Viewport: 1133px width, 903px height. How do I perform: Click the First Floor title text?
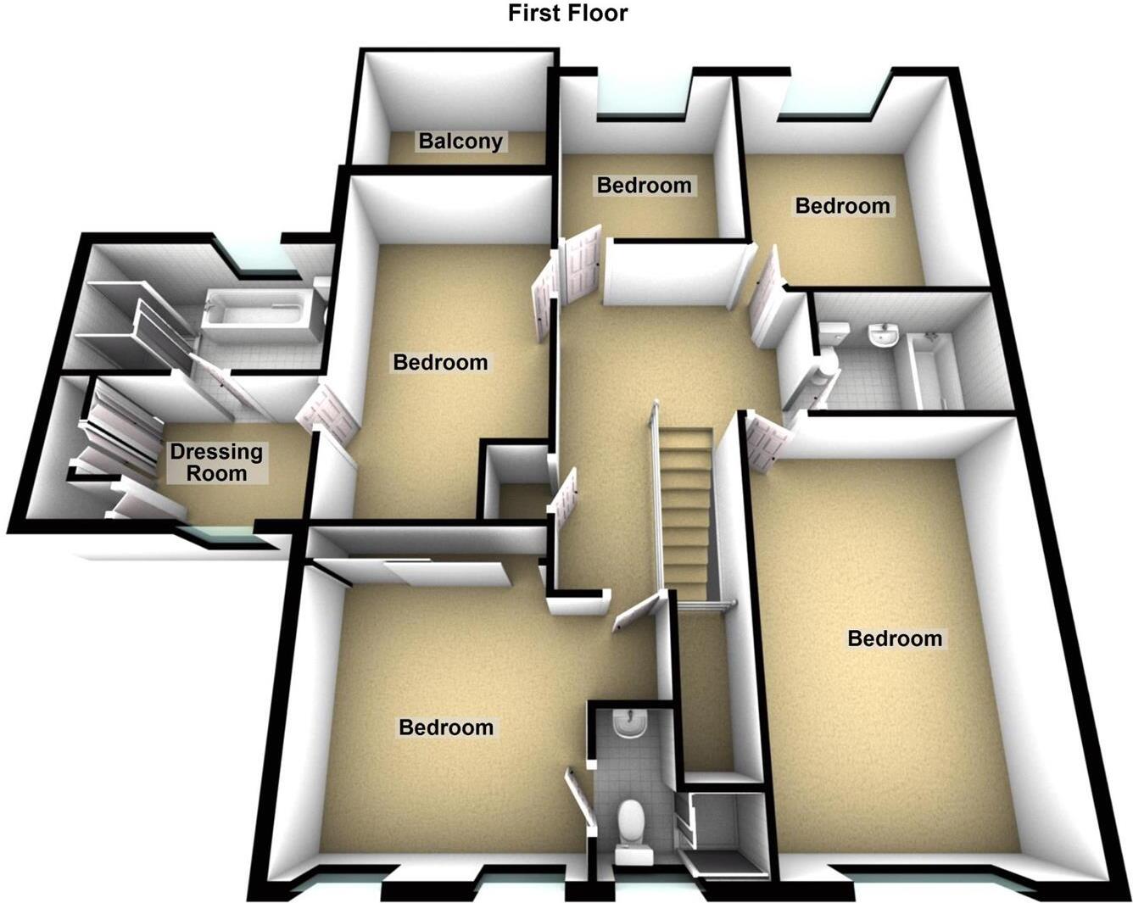coord(567,13)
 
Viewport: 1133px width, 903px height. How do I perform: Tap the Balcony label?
coord(460,141)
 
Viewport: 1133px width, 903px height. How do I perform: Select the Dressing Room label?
coord(216,462)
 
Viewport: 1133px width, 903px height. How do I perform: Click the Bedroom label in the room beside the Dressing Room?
coord(440,363)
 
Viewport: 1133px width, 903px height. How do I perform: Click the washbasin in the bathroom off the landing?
coord(884,337)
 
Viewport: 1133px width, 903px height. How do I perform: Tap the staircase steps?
coord(684,509)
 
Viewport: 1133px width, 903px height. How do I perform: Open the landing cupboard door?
coord(562,501)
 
